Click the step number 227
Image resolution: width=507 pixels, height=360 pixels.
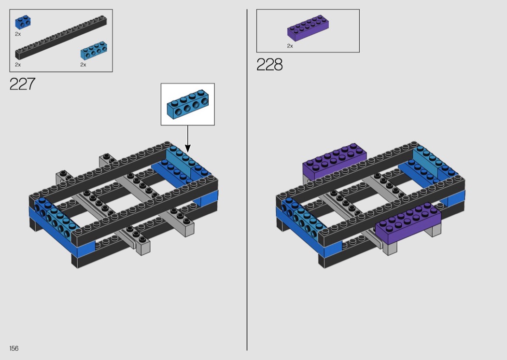(x=22, y=84)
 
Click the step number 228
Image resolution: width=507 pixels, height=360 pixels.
(x=269, y=64)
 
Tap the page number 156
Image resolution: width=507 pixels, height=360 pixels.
(x=14, y=348)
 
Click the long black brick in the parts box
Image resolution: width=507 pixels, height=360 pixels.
(x=61, y=38)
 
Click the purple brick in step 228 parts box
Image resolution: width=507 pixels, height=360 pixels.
(x=308, y=28)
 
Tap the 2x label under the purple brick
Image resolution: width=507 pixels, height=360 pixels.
(x=290, y=46)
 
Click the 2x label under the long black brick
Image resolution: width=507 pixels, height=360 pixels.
(x=18, y=65)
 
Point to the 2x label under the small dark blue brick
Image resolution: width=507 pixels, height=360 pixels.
(x=18, y=34)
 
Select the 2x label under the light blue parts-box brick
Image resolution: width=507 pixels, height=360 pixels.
(x=83, y=65)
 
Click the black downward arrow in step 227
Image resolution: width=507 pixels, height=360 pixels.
(x=187, y=139)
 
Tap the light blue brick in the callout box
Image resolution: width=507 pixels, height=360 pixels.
(x=188, y=104)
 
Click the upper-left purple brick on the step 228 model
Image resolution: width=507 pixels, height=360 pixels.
(x=334, y=161)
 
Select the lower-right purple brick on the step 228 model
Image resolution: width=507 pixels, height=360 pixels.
(x=408, y=223)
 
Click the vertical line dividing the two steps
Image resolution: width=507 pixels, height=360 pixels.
(x=247, y=180)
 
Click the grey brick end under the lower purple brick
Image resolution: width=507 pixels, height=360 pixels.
(x=392, y=249)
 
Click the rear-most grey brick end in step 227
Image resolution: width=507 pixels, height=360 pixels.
(x=105, y=161)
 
